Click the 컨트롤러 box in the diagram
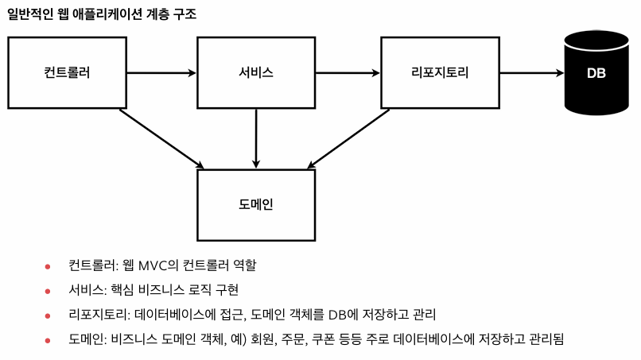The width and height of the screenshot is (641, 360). [67, 72]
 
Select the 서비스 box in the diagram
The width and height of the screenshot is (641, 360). [256, 72]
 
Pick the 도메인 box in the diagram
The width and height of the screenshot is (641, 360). [256, 204]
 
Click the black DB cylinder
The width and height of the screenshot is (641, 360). [596, 72]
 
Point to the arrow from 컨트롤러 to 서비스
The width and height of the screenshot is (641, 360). [161, 73]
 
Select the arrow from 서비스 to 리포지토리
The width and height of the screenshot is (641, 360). [348, 73]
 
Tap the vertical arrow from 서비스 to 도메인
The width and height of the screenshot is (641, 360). [256, 137]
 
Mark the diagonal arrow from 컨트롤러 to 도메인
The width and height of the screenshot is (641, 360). [161, 138]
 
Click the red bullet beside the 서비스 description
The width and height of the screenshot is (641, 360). [48, 291]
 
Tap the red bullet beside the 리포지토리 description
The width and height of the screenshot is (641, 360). [48, 315]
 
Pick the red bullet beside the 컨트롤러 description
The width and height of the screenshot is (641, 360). [48, 266]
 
